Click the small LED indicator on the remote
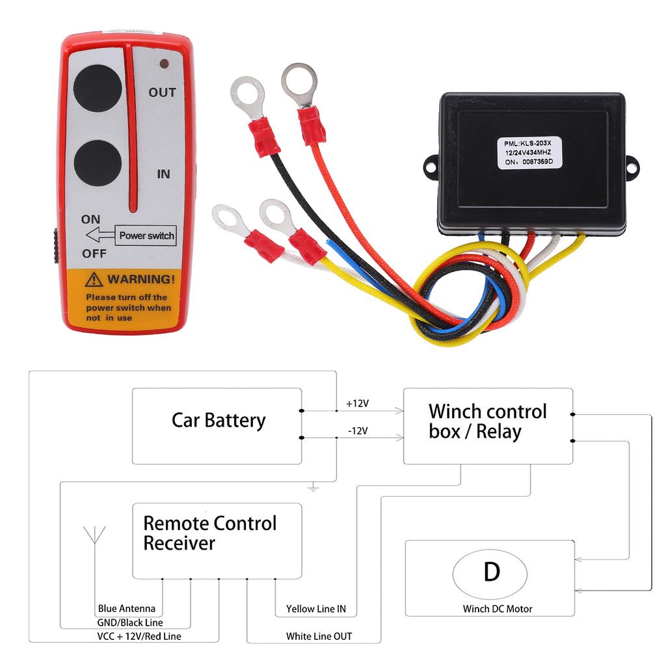[x=164, y=64]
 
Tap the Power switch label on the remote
[x=147, y=235]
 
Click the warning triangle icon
[x=96, y=280]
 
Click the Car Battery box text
[x=218, y=420]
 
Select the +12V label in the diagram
[x=357, y=404]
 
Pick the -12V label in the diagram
[x=357, y=431]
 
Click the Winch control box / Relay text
[x=487, y=421]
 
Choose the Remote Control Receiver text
[x=209, y=533]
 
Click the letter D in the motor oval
[x=492, y=572]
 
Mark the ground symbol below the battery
[x=313, y=486]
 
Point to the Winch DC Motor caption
[x=497, y=609]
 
